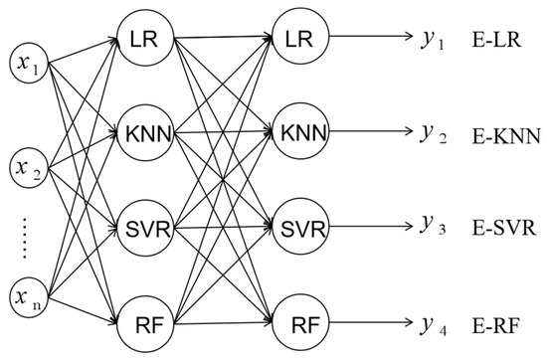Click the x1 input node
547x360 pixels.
point(32,67)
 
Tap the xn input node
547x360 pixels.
point(32,295)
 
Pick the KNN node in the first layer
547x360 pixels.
point(145,132)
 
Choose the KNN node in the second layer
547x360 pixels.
point(298,132)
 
